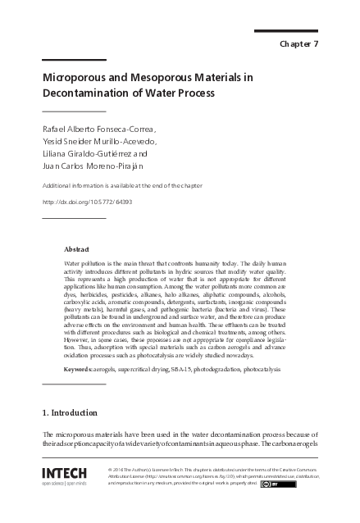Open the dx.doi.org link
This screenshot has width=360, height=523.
pos(86,202)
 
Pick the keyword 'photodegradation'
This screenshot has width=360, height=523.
pos(221,370)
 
